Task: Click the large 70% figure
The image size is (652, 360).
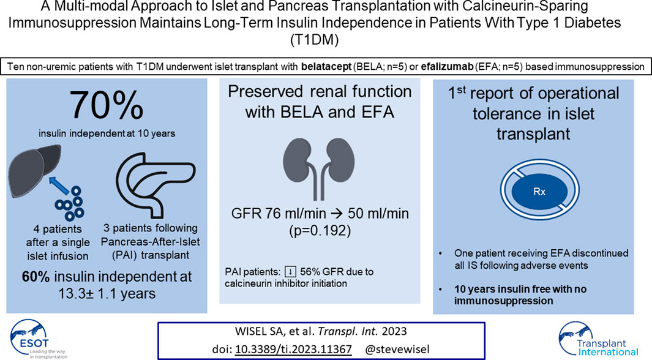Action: (107, 105)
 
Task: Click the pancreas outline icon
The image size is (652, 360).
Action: (156, 185)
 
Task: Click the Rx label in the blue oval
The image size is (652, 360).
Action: (539, 192)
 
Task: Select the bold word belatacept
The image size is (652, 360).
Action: (326, 67)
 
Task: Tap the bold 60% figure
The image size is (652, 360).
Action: (36, 277)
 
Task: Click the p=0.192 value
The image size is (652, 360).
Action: (320, 230)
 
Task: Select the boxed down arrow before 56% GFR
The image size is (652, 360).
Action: (290, 272)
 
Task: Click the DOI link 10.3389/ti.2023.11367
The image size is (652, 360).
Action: (293, 349)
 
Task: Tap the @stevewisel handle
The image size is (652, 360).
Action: (397, 349)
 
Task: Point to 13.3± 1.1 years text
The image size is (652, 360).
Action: (107, 294)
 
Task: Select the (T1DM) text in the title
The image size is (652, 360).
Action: (314, 40)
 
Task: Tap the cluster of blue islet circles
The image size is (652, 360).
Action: (70, 203)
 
